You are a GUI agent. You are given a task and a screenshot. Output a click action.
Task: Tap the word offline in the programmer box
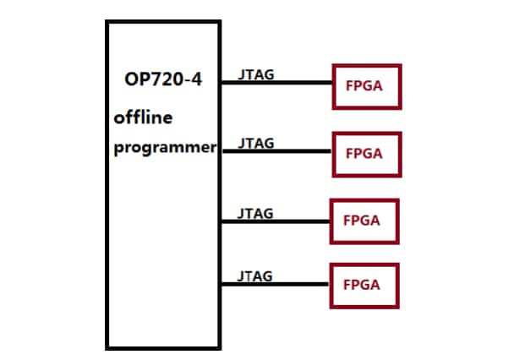pyautogui.click(x=144, y=117)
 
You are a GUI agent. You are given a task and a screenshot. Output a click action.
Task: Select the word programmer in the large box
pyautogui.click(x=166, y=148)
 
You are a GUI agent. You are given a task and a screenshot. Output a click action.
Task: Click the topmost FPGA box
pyautogui.click(x=366, y=86)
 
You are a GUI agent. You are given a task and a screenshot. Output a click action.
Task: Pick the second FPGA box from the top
pyautogui.click(x=366, y=154)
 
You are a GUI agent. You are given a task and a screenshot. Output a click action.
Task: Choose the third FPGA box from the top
pyautogui.click(x=362, y=221)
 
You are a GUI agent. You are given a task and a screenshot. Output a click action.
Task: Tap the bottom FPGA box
pyautogui.click(x=363, y=286)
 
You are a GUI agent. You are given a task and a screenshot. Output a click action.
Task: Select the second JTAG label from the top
pyautogui.click(x=255, y=143)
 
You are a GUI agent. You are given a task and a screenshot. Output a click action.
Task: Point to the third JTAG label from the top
pyautogui.click(x=255, y=213)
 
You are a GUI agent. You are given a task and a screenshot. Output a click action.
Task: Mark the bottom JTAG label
pyautogui.click(x=255, y=276)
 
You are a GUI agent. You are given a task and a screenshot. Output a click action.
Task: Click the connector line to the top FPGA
pyautogui.click(x=276, y=83)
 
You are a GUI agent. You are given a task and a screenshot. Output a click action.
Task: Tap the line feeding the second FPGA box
pyautogui.click(x=276, y=151)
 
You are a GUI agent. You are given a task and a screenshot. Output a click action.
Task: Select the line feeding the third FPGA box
pyautogui.click(x=276, y=221)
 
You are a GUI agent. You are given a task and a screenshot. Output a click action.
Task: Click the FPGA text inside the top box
pyautogui.click(x=366, y=86)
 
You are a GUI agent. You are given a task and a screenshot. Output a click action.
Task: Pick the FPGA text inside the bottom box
pyautogui.click(x=363, y=286)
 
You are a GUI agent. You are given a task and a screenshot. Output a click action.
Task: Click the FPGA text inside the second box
pyautogui.click(x=364, y=154)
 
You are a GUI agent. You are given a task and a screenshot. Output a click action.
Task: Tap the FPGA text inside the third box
pyautogui.click(x=362, y=221)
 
